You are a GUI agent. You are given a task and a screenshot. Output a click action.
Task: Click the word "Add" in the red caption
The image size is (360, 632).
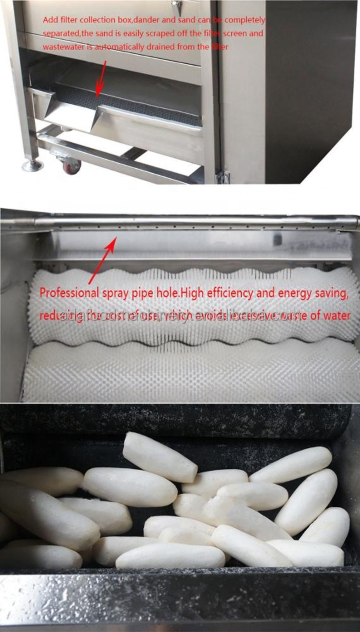tap(49, 20)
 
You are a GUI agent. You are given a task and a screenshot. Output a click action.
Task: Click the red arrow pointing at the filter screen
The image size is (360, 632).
tap(101, 77)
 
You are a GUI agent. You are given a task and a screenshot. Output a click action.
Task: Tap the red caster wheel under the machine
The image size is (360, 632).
tap(72, 167)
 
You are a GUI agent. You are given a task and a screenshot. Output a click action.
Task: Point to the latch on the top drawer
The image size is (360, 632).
tap(176, 7)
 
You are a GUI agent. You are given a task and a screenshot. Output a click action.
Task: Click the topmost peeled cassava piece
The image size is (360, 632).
tap(159, 457)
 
